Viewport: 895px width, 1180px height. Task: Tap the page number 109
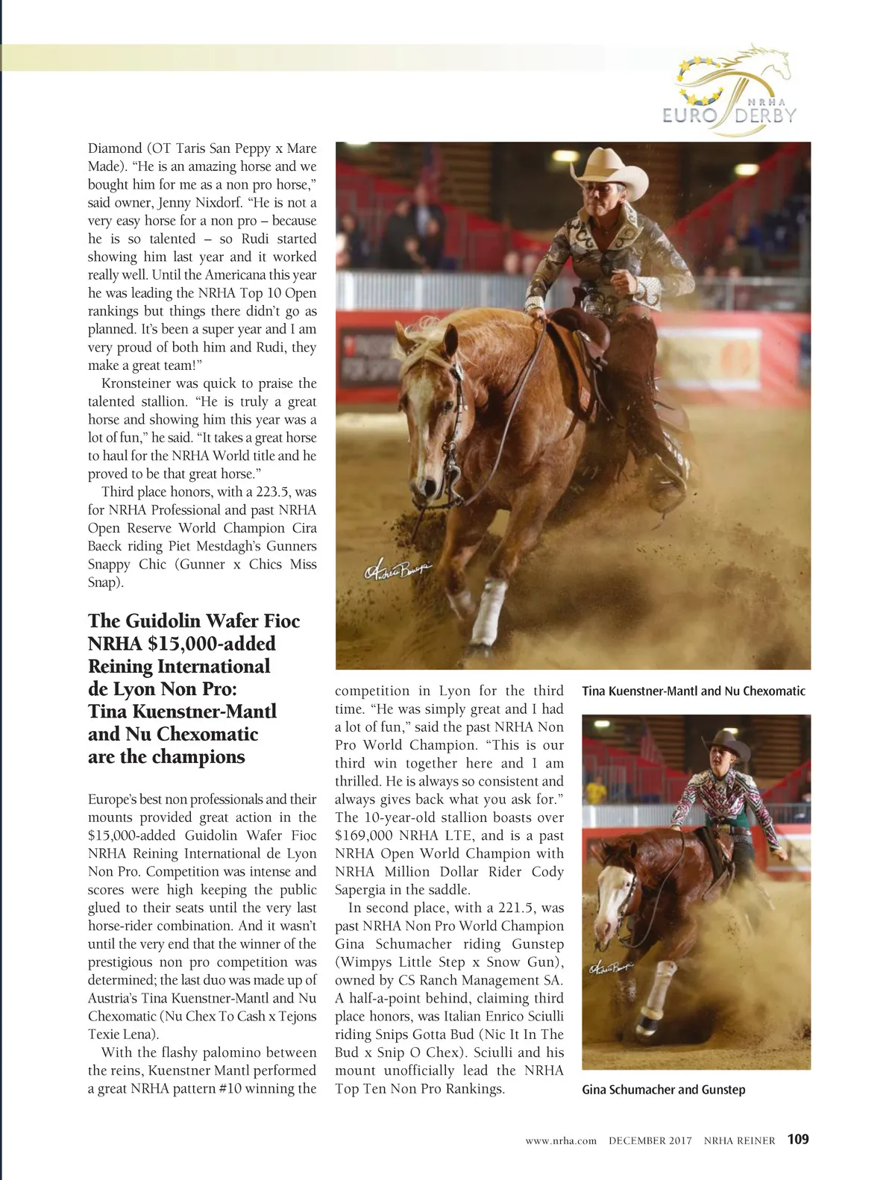[797, 1139]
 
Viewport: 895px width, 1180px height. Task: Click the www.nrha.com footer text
[560, 1140]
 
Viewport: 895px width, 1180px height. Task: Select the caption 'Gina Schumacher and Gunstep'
[663, 1090]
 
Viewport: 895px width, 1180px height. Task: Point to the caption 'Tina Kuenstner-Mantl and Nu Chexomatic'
[693, 691]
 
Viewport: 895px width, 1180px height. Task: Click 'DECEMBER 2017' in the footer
[650, 1140]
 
